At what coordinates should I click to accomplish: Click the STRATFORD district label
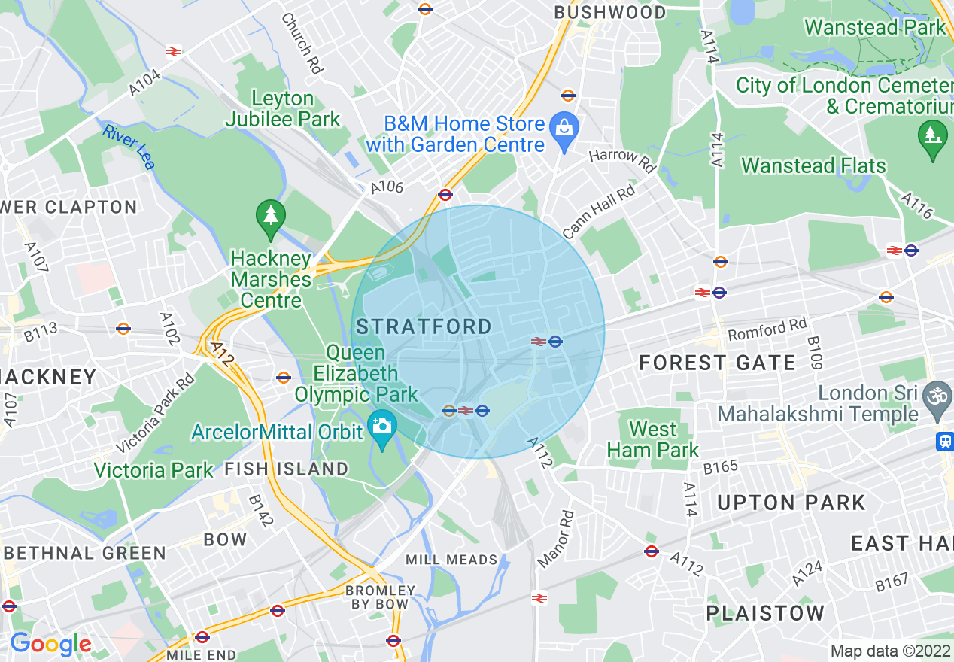(424, 326)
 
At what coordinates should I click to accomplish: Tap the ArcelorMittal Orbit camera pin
(382, 428)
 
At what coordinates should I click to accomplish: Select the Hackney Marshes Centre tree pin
(270, 217)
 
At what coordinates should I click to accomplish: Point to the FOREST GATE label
(717, 363)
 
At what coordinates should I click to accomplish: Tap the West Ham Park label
(652, 440)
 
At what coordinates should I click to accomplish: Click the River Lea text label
(129, 147)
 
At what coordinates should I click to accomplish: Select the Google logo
(50, 644)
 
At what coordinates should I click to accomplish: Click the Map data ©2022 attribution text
(890, 651)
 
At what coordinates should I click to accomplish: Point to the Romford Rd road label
(767, 329)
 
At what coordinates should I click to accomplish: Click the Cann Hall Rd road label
(599, 213)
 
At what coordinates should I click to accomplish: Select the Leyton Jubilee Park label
(283, 109)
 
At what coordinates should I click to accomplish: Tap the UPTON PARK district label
(791, 503)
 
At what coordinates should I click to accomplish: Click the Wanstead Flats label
(813, 165)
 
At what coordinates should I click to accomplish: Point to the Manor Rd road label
(556, 539)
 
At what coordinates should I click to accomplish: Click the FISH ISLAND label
(287, 469)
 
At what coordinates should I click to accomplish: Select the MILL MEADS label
(451, 560)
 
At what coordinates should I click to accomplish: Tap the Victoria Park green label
(153, 471)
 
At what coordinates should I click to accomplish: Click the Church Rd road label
(302, 43)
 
